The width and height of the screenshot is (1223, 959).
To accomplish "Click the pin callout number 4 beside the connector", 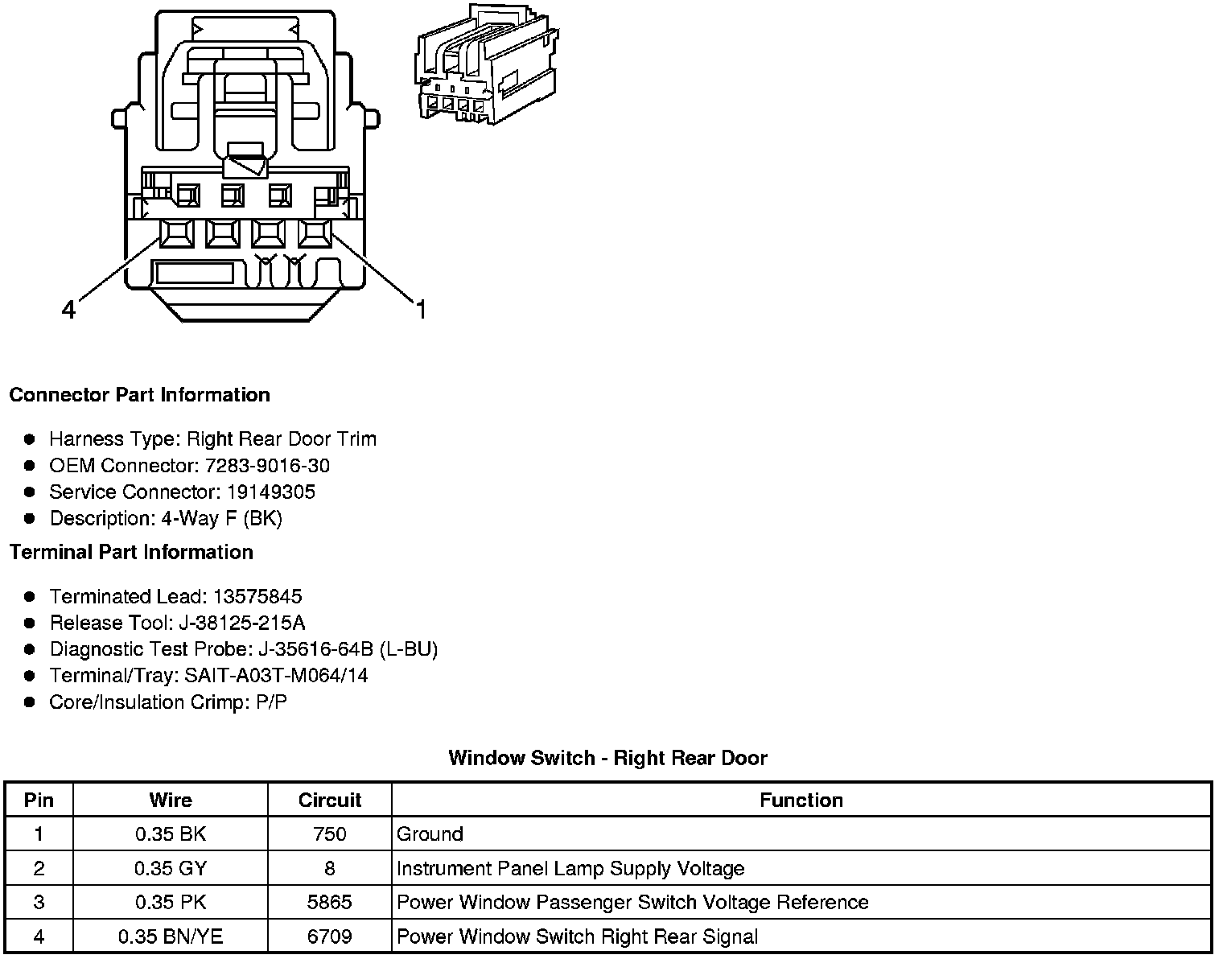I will click(x=69, y=309).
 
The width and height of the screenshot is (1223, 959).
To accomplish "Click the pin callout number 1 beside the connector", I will click(x=420, y=309).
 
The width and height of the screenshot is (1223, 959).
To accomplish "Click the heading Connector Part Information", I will click(x=139, y=395).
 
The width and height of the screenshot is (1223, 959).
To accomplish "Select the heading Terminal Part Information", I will click(x=131, y=552).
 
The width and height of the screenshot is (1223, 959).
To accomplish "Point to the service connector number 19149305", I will click(x=271, y=492).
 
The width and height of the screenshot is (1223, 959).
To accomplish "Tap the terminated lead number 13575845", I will click(x=257, y=596).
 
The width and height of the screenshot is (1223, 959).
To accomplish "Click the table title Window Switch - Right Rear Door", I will click(x=607, y=758).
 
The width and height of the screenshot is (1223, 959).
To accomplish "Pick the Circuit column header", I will click(x=329, y=801).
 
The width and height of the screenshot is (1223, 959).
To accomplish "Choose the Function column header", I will click(x=801, y=801).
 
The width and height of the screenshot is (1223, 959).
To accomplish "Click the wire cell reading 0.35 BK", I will click(x=171, y=834).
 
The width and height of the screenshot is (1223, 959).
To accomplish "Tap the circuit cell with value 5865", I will click(x=329, y=903).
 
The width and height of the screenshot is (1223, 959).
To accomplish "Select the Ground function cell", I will click(x=430, y=834).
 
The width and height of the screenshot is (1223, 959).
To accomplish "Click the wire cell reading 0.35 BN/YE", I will click(x=171, y=936).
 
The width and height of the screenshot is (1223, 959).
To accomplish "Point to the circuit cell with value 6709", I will click(x=329, y=936).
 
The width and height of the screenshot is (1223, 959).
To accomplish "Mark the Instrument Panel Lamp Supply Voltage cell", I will click(x=570, y=869).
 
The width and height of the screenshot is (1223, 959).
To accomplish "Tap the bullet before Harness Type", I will click(x=30, y=439).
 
